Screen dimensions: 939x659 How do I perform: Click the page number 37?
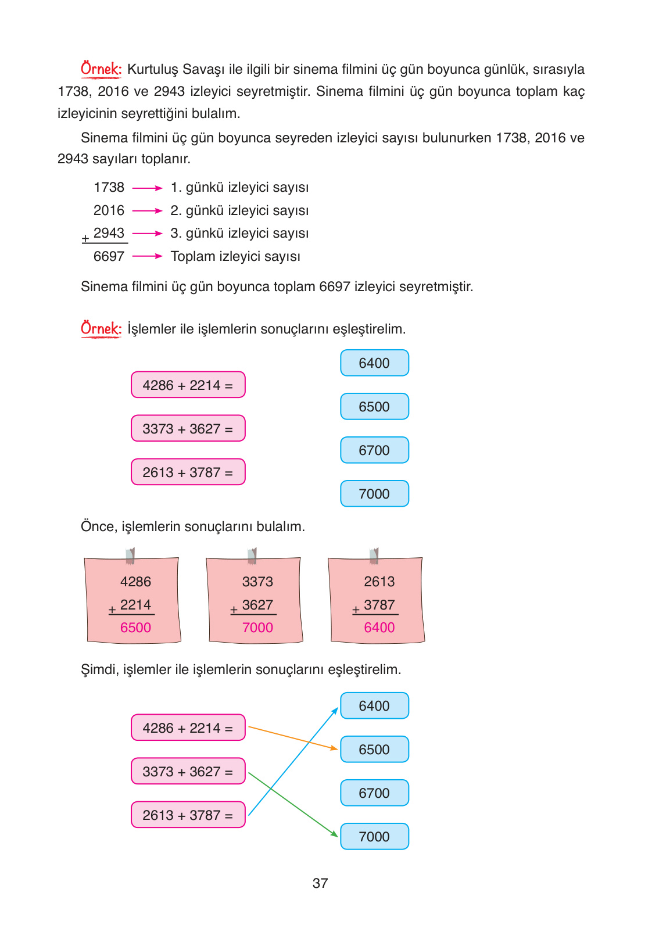[320, 883]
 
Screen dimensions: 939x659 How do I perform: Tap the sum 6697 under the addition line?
[109, 256]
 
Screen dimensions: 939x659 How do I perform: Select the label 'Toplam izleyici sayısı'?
[235, 256]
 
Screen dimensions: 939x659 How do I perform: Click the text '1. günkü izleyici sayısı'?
[239, 187]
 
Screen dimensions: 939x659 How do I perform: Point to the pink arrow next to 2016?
[147, 210]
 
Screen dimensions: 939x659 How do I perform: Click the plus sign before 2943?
[85, 238]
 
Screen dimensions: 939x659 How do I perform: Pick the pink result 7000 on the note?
[257, 628]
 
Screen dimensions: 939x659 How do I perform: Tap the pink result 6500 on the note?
[135, 628]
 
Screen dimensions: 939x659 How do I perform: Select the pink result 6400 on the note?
[379, 628]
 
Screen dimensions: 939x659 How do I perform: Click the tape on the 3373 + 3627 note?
[252, 556]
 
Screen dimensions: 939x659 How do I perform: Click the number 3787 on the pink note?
[379, 605]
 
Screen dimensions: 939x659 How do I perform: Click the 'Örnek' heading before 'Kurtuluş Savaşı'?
[101, 69]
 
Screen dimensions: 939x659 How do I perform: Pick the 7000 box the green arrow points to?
[374, 836]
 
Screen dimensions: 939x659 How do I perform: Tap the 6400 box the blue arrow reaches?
[374, 705]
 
